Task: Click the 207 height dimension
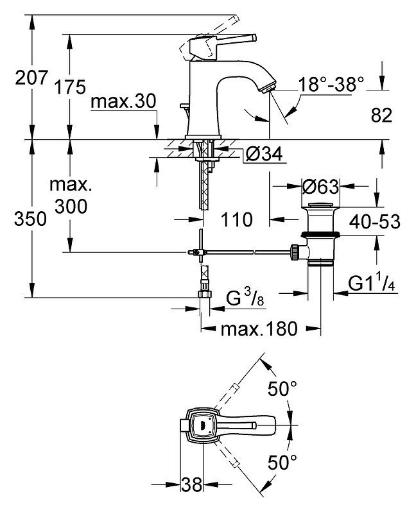(31, 78)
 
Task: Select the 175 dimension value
(70, 87)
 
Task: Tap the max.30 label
(123, 101)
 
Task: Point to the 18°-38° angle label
(331, 84)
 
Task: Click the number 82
(381, 115)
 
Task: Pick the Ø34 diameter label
(264, 154)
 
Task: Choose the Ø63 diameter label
(320, 187)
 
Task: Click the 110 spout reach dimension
(237, 219)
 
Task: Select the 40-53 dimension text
(374, 222)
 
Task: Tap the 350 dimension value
(30, 219)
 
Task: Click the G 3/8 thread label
(245, 298)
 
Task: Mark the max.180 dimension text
(259, 329)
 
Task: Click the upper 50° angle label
(282, 389)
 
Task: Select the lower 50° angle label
(282, 463)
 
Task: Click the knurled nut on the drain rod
(295, 252)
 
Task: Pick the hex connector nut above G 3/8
(205, 294)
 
